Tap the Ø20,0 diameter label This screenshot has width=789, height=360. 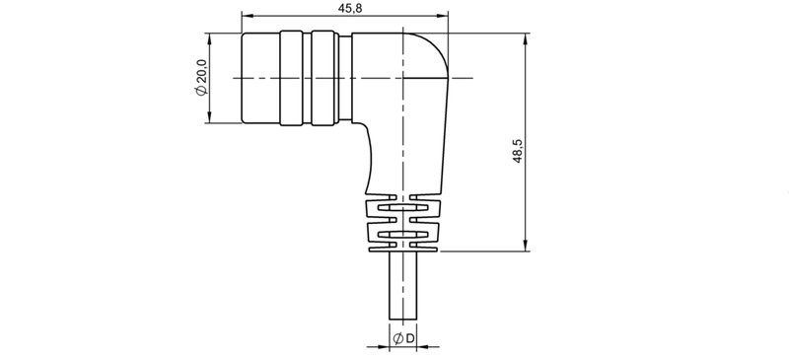pyautogui.click(x=201, y=77)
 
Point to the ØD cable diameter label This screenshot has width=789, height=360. pyautogui.click(x=402, y=339)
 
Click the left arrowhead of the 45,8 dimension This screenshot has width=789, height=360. pyautogui.click(x=247, y=18)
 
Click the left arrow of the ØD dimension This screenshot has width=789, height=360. pyautogui.click(x=384, y=347)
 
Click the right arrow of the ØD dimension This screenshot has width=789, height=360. pyautogui.click(x=422, y=347)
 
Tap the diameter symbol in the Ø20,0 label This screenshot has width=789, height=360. pyautogui.click(x=201, y=91)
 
